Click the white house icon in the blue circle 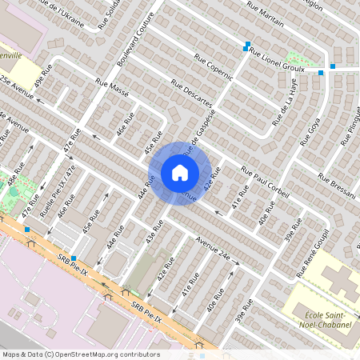pos(180,173)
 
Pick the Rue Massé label pos(112,85)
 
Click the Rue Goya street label pos(309,132)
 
